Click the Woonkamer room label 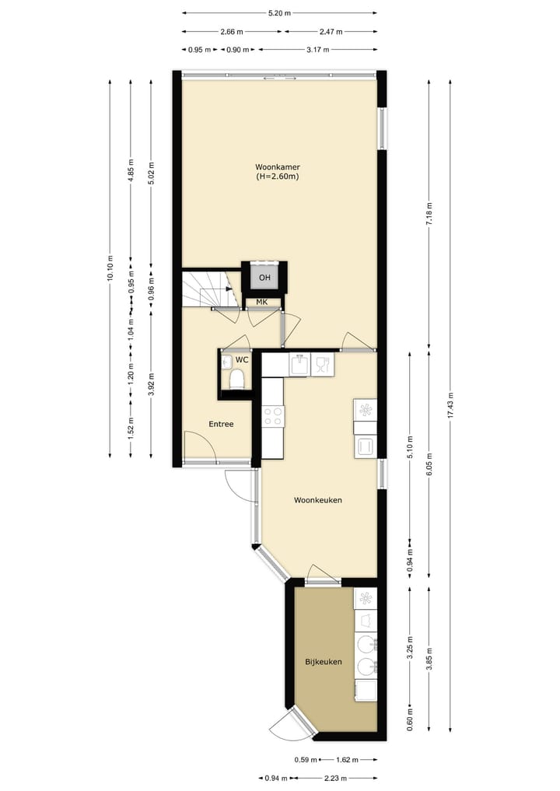(x=278, y=166)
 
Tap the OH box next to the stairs (x=264, y=278)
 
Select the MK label (x=262, y=302)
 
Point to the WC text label (x=242, y=360)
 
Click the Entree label (x=221, y=424)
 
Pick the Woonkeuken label (x=317, y=500)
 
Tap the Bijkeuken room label (x=324, y=662)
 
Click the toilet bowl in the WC (x=237, y=380)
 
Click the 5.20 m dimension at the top (x=279, y=13)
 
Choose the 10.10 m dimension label (x=110, y=269)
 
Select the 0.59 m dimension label (x=303, y=760)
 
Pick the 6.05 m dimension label (x=429, y=464)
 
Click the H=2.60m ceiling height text (x=278, y=177)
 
